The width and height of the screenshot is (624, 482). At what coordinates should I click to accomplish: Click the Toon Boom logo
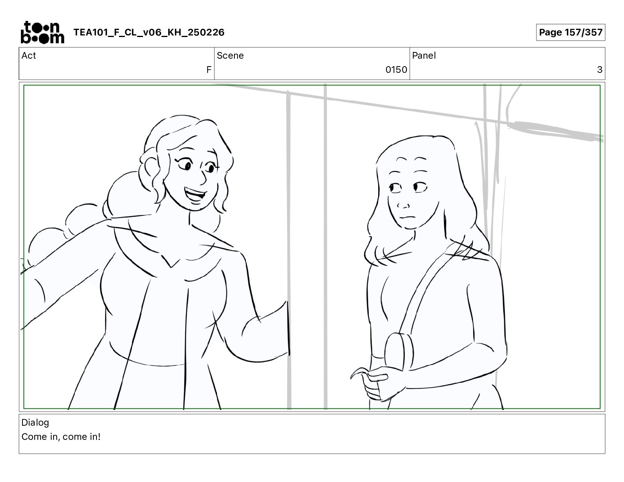point(43,32)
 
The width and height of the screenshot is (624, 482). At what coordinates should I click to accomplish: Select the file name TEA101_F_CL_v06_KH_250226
point(149,32)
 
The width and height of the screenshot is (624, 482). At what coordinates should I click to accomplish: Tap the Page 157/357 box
point(570,32)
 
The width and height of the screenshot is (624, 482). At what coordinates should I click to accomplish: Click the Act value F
point(209,69)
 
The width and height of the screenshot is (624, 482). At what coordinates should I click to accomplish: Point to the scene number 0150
point(396,69)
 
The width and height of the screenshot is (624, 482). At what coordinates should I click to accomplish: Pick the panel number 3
point(600,69)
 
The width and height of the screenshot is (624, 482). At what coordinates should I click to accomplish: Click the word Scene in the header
point(230,56)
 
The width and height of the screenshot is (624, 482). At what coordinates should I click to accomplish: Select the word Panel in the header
point(424,56)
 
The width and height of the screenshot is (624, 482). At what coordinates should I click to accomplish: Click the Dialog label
point(35,423)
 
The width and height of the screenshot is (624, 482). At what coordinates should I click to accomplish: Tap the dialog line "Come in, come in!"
point(61,437)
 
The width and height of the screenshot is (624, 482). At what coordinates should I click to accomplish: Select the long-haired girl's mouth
point(408,217)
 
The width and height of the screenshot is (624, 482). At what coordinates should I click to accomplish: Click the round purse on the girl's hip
point(399,352)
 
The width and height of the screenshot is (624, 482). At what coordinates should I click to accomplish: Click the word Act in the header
point(29,56)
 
